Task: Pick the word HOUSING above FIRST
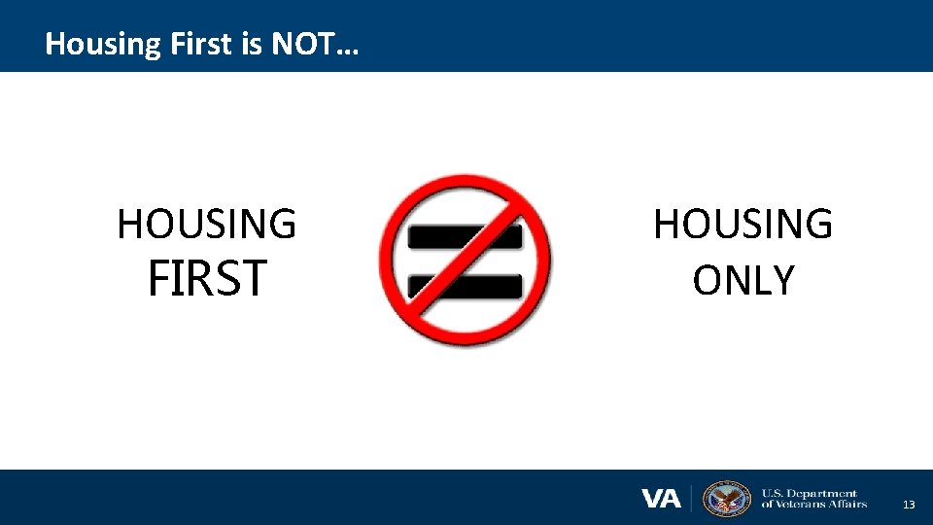coord(206,224)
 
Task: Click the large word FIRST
coord(206,279)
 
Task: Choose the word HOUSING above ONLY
coord(743,225)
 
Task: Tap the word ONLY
coord(743,280)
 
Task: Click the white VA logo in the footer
coord(662,499)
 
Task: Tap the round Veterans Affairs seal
coord(727,498)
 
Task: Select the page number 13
coord(909,505)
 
